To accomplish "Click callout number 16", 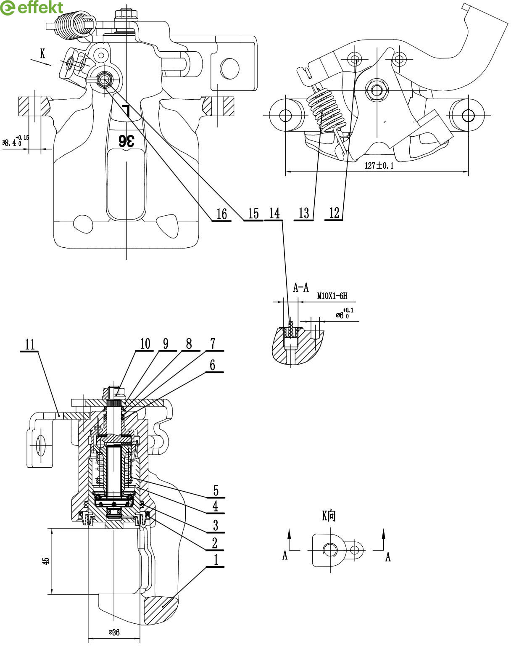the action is click(x=221, y=214).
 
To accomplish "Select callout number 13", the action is click(x=304, y=213).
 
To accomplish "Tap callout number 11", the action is click(x=30, y=344).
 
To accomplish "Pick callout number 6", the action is click(x=213, y=365).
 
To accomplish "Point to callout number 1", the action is click(x=216, y=559).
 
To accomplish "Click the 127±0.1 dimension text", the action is click(x=379, y=165).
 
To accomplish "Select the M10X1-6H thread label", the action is click(x=332, y=296).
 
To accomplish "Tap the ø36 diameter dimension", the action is click(x=114, y=632).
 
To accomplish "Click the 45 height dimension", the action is click(x=46, y=561).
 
